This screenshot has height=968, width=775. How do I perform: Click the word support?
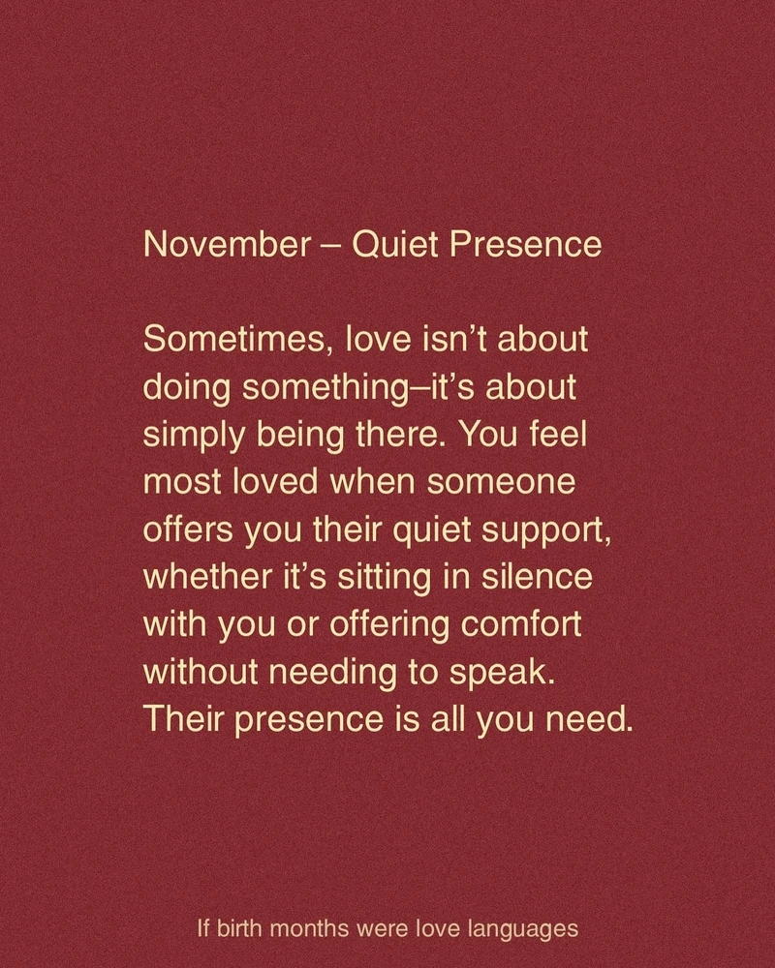point(530,529)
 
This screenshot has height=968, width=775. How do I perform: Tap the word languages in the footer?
point(523,930)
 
